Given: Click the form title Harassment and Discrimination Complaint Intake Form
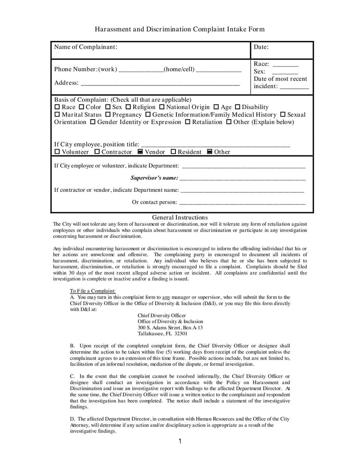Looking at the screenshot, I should pyautogui.click(x=180, y=29).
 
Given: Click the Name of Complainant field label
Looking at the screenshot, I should pyautogui.click(x=86, y=47).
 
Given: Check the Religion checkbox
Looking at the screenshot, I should pyautogui.click(x=128, y=107).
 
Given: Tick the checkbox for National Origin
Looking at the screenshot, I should pyautogui.click(x=162, y=107).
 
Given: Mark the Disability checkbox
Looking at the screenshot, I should pyautogui.click(x=238, y=107).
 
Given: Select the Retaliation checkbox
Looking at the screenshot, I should pyautogui.click(x=188, y=122).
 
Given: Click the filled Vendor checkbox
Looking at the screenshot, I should pyautogui.click(x=140, y=152).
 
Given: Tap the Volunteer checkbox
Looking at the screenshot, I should pyautogui.click(x=57, y=152).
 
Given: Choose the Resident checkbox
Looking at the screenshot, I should pyautogui.click(x=173, y=152).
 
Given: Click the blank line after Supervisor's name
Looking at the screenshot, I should pyautogui.click(x=243, y=179).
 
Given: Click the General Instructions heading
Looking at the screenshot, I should pyautogui.click(x=180, y=217).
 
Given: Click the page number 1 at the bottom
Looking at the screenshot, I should pyautogui.click(x=180, y=441).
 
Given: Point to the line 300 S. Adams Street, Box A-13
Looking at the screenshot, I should pyautogui.click(x=170, y=327).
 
